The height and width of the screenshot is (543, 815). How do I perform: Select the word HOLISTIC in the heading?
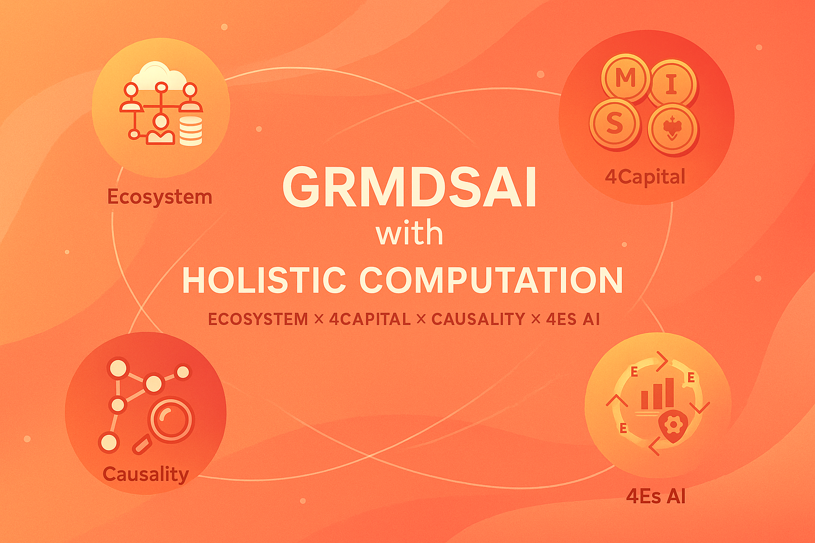point(264,280)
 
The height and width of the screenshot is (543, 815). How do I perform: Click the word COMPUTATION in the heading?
point(491,280)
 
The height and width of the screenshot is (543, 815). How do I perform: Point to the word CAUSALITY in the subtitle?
point(478,319)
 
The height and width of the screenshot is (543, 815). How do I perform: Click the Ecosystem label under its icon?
point(160,197)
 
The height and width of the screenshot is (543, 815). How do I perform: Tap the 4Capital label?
point(645,177)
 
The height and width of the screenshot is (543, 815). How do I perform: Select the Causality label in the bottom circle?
point(145,474)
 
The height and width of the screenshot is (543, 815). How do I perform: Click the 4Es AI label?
point(656,496)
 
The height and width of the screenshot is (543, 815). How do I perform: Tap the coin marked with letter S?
point(614,124)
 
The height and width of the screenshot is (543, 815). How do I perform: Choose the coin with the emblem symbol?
point(672,128)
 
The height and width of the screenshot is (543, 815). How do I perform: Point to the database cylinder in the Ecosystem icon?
point(191,131)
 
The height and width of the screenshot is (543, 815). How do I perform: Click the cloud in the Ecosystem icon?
point(158,76)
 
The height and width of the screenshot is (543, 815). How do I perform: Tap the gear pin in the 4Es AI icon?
point(672,425)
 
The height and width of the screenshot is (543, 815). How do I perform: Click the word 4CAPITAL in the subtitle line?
point(369,319)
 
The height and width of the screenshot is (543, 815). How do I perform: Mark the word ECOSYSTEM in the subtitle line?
point(258,319)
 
